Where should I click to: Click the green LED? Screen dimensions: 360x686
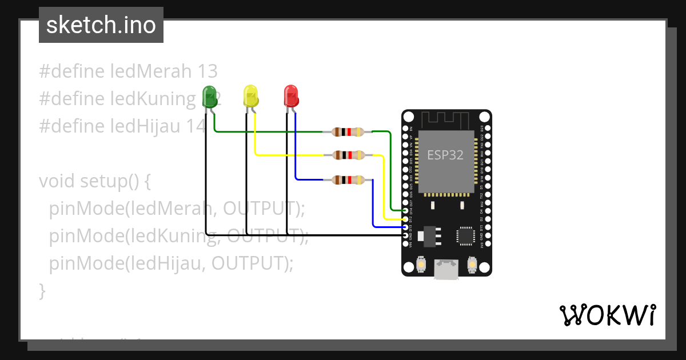point(210,96)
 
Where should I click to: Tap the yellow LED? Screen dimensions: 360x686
point(250,95)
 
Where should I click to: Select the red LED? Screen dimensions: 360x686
point(291,95)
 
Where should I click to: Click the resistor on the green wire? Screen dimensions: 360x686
point(348,132)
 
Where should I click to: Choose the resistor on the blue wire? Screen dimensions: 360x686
point(348,180)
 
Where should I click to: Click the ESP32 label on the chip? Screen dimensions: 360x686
point(445,155)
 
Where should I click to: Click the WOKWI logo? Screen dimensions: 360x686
point(607,315)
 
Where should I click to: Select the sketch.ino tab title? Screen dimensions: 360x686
point(101,25)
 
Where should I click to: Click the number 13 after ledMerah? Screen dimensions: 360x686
point(208,71)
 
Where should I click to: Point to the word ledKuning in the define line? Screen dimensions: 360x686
point(153,99)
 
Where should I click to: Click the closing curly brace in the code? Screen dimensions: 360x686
point(42,291)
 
